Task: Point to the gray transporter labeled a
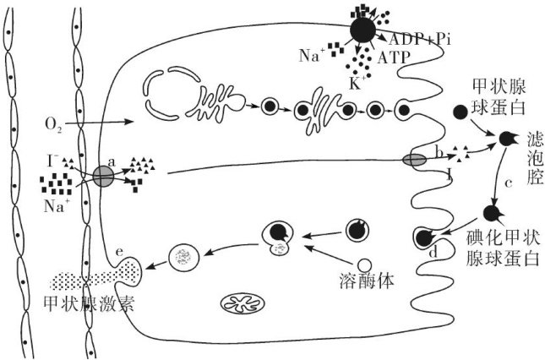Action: [103, 176]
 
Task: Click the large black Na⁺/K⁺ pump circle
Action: [363, 30]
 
